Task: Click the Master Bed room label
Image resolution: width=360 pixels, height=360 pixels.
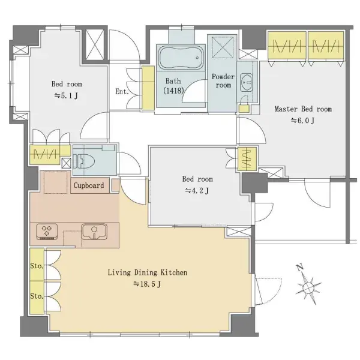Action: [x=303, y=109]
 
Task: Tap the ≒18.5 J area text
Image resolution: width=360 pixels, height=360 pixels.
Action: [x=147, y=284]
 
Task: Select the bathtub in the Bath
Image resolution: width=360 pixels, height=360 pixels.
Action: [x=181, y=58]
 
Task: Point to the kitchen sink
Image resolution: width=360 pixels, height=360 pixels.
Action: [x=94, y=232]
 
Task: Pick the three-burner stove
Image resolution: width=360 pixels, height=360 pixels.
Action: [x=47, y=232]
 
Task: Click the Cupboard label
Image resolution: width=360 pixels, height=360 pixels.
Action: [x=89, y=185]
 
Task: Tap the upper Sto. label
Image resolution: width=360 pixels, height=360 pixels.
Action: [x=37, y=266]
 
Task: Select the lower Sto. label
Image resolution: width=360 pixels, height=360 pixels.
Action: [x=37, y=296]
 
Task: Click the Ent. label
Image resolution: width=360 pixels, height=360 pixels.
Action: [x=122, y=92]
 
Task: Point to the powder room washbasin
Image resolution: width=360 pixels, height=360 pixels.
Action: [x=246, y=83]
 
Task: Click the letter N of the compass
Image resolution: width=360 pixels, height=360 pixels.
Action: [x=299, y=267]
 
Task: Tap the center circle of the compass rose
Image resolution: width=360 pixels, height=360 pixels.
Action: [x=308, y=287]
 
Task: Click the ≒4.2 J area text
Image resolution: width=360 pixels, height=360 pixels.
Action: [x=197, y=190]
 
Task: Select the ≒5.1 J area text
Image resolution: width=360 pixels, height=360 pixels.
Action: [x=66, y=95]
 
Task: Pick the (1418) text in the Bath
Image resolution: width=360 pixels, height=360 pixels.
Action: [x=173, y=91]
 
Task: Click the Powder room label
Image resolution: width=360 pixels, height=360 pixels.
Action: [x=223, y=80]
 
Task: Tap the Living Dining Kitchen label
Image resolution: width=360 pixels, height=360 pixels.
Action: [x=148, y=272]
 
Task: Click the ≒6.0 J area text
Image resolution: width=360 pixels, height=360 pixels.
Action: [x=302, y=121]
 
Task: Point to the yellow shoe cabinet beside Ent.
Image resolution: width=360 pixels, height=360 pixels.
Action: [x=148, y=88]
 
